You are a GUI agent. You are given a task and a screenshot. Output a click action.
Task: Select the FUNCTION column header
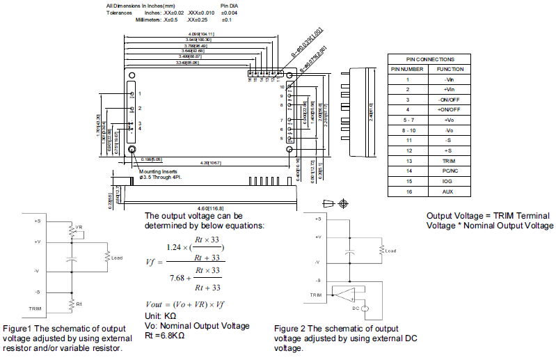(450, 70)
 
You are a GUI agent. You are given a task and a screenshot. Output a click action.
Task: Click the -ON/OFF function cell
(450, 100)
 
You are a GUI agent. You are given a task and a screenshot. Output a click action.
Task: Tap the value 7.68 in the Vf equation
(180, 279)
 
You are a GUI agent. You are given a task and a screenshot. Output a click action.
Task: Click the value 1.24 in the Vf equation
(178, 246)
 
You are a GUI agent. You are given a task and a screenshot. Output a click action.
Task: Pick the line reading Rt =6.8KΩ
(164, 335)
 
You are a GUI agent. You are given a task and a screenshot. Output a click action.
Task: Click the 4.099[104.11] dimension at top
(200, 33)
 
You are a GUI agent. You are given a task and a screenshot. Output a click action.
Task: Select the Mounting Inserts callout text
(158, 171)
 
